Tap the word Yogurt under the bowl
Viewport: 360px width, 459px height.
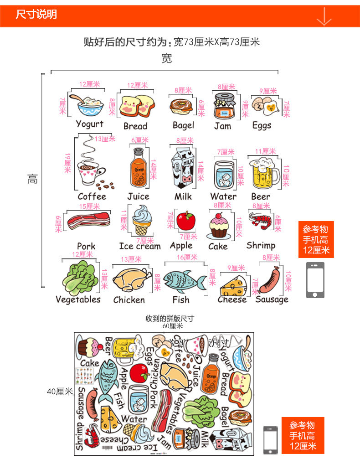click(89, 124)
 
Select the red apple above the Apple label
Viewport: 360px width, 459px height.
click(185, 221)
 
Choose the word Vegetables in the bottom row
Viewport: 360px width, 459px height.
click(78, 299)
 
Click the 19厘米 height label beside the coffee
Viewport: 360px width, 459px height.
click(68, 163)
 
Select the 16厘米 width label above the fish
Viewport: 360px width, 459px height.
click(187, 258)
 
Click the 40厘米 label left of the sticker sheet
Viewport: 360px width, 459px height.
click(60, 391)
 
